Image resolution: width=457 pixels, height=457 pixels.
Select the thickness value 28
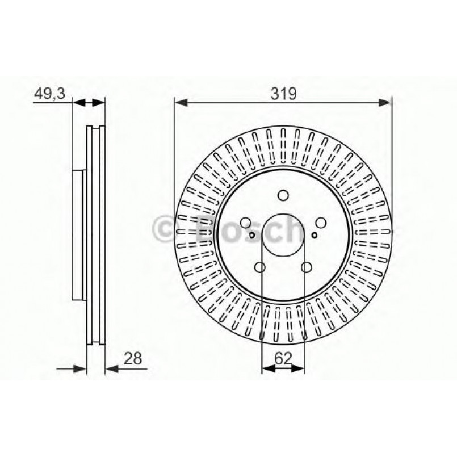pyautogui.click(x=132, y=358)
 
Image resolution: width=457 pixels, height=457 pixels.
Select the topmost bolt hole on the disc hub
pyautogui.click(x=283, y=196)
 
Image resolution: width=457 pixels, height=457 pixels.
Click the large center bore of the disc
pyautogui.click(x=283, y=236)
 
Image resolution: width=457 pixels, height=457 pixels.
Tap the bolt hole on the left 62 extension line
pyautogui.click(x=261, y=267)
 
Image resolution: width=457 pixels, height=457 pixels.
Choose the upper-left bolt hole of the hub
pyautogui.click(x=246, y=223)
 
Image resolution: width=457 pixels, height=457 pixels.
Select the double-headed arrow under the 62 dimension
pyautogui.click(x=283, y=368)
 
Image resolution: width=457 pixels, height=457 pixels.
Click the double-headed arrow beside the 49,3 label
pyautogui.click(x=89, y=103)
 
